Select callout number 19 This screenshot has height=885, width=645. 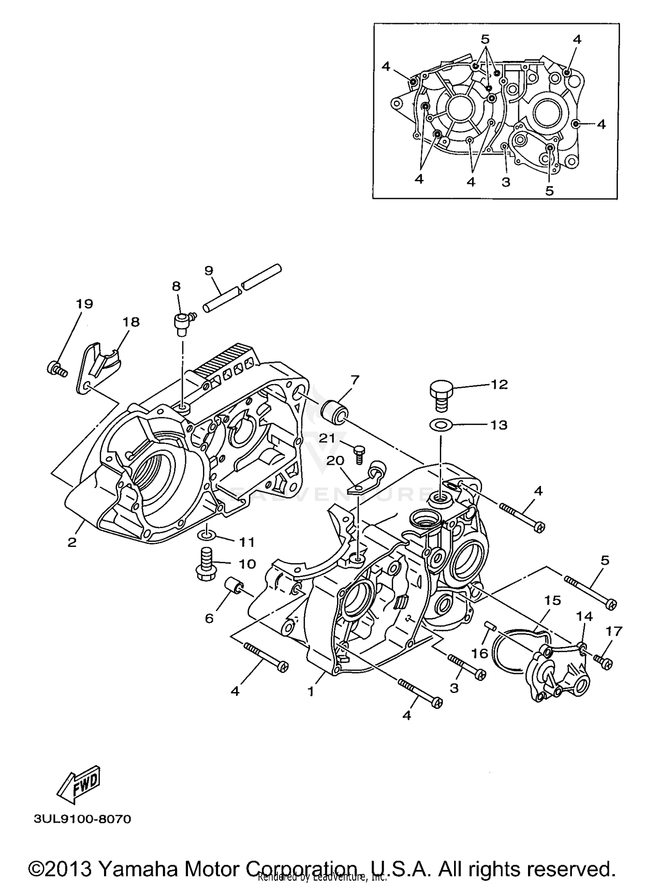coord(85,304)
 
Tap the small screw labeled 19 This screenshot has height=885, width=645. coord(56,369)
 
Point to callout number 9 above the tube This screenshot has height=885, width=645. coord(209,270)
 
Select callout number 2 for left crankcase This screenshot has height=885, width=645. coord(72,542)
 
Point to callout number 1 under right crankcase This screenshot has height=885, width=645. coord(310,691)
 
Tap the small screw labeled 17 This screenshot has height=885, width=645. coord(603,662)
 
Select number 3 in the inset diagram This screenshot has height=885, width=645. coord(506,182)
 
